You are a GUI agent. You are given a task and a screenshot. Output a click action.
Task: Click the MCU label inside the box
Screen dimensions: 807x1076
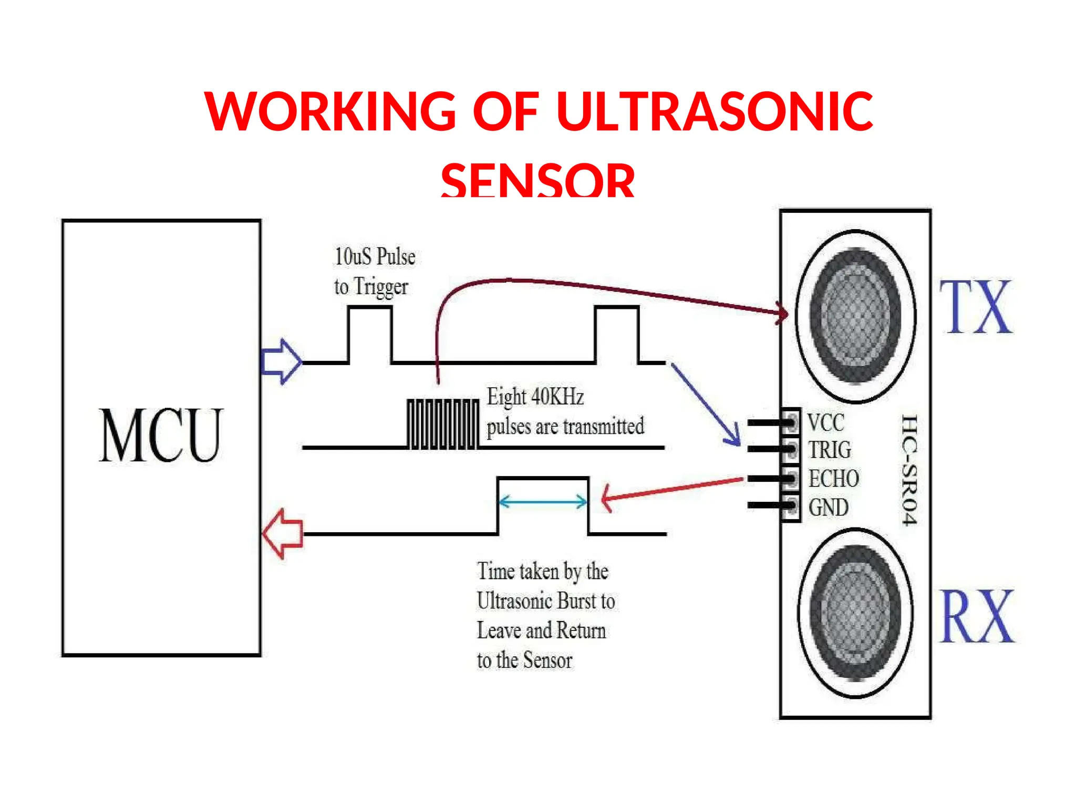coord(161,436)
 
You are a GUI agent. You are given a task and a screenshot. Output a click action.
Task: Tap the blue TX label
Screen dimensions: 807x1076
coord(976,308)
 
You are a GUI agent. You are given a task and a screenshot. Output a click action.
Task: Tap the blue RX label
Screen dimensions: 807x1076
coord(977,617)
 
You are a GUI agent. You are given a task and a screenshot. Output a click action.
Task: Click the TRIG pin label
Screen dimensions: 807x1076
coord(830,450)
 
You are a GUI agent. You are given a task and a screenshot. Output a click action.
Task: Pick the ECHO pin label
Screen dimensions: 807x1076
coord(833,479)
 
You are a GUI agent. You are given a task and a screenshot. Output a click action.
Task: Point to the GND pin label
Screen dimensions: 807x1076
coord(828,508)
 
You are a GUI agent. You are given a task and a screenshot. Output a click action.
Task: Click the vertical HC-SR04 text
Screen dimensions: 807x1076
coord(909,469)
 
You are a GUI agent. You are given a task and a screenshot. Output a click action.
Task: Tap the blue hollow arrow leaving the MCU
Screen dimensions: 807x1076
coord(282,361)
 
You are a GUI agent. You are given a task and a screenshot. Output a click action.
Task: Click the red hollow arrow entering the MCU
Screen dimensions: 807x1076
coord(283,534)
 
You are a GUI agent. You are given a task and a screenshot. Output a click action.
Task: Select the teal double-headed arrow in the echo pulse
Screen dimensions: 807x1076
coord(543,502)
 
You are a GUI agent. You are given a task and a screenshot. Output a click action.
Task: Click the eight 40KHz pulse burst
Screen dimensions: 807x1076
coord(443,425)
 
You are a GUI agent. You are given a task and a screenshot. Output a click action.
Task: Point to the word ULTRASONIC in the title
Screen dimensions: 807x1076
coord(714,111)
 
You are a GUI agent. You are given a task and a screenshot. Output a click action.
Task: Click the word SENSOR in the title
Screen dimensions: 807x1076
coord(537,180)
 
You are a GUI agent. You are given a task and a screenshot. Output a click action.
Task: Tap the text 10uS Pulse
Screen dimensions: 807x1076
coord(375,257)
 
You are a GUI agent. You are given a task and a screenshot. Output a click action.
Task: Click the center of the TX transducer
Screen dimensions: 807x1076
coord(855,316)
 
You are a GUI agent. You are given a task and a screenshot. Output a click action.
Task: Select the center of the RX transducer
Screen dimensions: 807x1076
coord(855,613)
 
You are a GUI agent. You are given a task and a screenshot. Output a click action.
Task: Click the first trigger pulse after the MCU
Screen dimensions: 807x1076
coord(370,334)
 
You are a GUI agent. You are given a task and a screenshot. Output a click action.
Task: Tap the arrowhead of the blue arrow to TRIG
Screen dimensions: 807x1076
coord(736,440)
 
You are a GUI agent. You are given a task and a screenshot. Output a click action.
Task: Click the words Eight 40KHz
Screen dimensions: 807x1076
coord(535,397)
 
